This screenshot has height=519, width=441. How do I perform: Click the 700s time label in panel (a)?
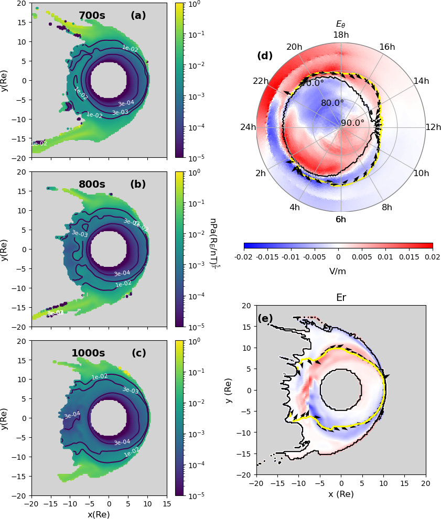pos(92,16)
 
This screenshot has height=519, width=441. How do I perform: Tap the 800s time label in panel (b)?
pos(92,185)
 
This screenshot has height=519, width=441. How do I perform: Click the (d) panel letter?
pos(265,56)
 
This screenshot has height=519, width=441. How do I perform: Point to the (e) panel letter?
pos(265,318)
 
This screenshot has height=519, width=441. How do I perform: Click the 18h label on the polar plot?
pos(341,35)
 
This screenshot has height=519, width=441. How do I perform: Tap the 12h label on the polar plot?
pos(434,127)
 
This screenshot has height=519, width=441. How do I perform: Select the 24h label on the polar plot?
pos(248,127)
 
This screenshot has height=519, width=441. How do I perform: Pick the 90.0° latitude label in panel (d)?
pos(352,123)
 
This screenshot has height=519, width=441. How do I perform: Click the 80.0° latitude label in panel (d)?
pos(332,103)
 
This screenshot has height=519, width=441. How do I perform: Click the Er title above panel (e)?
pos(341,298)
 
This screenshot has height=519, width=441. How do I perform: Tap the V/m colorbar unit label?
pos(338,272)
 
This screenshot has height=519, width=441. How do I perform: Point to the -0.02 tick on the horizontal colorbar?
pos(244,257)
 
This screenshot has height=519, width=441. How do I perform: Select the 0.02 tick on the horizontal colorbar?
pos(433,257)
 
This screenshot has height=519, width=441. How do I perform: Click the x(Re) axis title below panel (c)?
pos(99,514)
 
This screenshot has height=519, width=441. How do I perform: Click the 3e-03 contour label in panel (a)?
pos(120,112)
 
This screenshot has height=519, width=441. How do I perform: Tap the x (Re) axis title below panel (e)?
pos(341,494)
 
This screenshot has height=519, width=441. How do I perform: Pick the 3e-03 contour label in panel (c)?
pos(131,390)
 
